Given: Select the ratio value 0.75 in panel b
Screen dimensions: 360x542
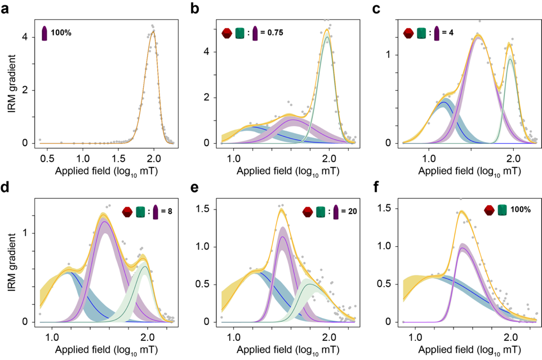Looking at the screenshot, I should click(x=274, y=33).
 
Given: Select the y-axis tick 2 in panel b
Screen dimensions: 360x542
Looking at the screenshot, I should click(x=207, y=97).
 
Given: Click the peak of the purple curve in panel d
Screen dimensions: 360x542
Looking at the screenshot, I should click(x=104, y=221).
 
